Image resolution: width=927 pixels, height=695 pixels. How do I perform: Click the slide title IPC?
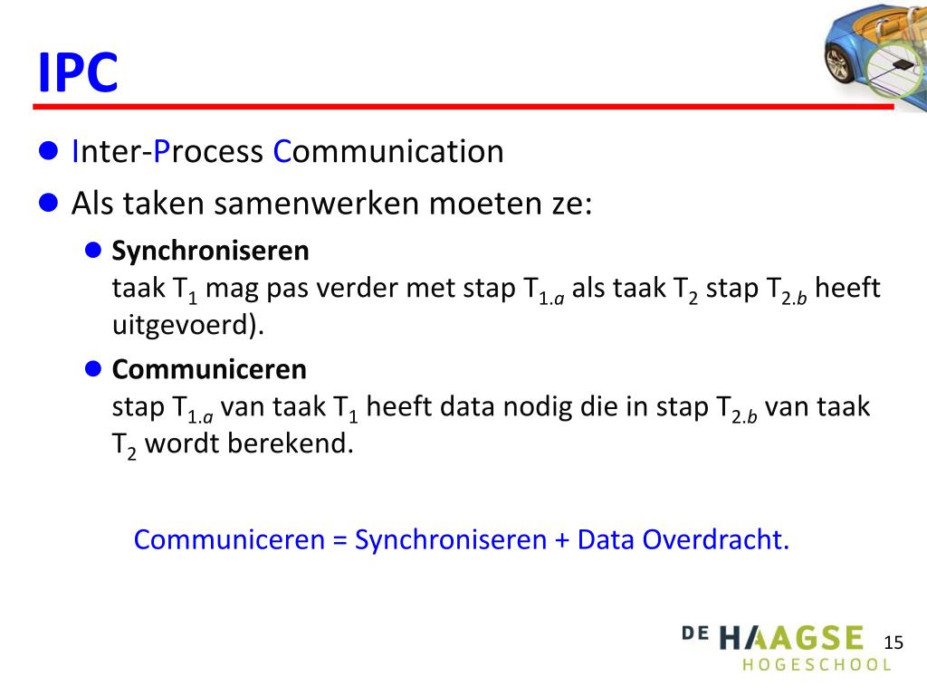(78, 72)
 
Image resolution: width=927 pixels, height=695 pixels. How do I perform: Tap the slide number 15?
(893, 643)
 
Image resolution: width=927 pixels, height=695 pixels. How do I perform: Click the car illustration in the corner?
(874, 54)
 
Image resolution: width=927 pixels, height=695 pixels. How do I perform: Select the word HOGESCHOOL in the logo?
(817, 665)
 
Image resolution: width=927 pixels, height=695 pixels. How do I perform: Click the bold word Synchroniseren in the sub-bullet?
(210, 250)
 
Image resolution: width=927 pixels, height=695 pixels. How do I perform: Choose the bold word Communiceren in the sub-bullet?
(209, 369)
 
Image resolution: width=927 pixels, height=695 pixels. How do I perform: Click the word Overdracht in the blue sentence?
(716, 540)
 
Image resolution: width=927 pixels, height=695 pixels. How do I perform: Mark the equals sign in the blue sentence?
(339, 540)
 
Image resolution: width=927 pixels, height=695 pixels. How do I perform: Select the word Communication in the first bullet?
(388, 152)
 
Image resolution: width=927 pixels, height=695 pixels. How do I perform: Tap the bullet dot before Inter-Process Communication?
(51, 151)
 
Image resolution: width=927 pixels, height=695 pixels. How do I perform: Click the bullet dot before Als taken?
(51, 203)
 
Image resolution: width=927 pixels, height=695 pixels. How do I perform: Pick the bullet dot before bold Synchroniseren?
(92, 250)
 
